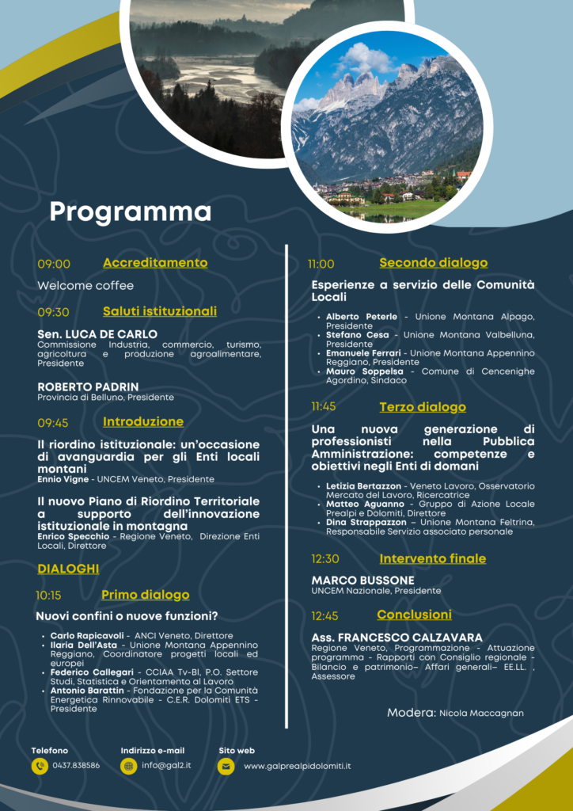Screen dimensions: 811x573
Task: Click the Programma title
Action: tap(131, 212)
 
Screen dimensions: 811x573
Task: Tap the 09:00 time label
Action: tap(54, 265)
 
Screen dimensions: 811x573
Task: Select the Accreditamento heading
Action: tap(155, 263)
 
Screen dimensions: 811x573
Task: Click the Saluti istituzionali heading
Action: tap(159, 311)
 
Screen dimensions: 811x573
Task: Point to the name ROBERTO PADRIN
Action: tap(88, 386)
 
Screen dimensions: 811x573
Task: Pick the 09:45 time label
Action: tap(53, 423)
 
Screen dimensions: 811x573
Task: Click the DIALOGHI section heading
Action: tap(68, 569)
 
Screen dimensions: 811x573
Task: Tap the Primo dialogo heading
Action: tap(146, 595)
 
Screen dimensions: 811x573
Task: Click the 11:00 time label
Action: tap(321, 265)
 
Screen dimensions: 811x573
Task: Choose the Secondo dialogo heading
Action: tap(433, 263)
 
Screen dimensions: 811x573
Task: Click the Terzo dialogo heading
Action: tap(423, 407)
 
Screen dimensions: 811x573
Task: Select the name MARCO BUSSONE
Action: tap(362, 581)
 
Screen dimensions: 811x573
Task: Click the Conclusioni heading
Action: tap(414, 615)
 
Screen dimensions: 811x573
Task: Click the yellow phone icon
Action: tap(40, 766)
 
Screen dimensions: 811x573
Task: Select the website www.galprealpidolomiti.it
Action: tap(297, 766)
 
